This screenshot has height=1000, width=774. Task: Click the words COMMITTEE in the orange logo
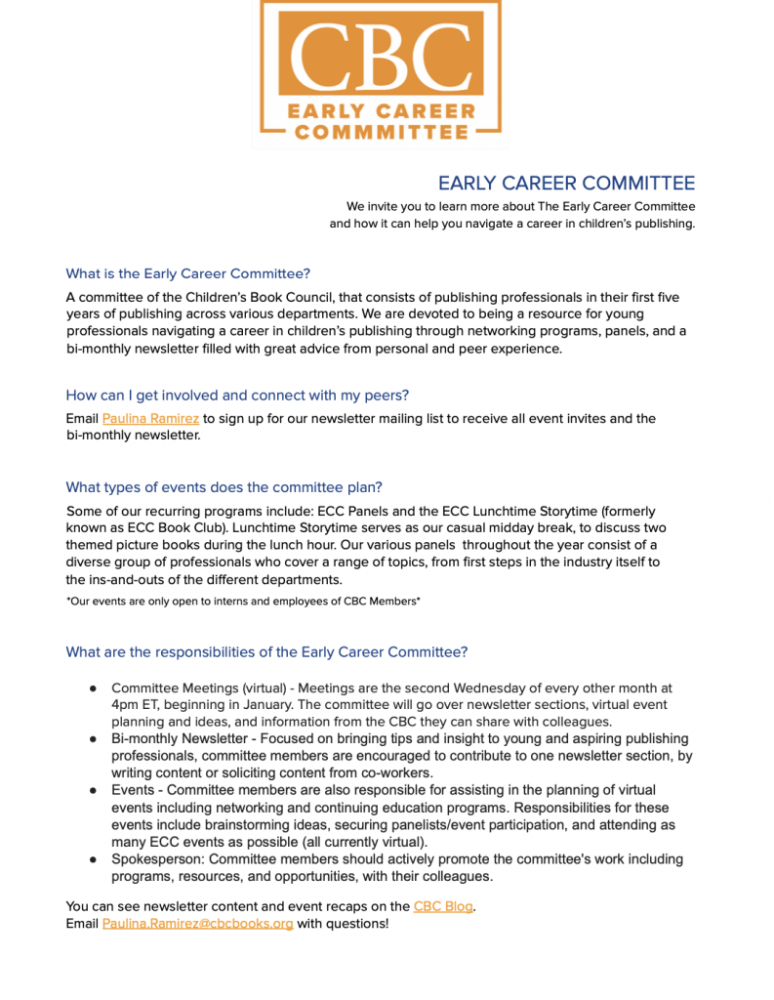pos(381,132)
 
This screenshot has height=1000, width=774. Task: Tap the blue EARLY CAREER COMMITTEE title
pos(566,184)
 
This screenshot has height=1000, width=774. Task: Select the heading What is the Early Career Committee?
pos(187,273)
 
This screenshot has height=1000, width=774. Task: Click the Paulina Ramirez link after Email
pos(150,419)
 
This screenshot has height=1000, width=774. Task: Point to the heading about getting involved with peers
pos(237,396)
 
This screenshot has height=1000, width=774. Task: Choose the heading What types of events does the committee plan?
pos(224,487)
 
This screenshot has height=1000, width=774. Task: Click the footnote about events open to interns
pos(243,602)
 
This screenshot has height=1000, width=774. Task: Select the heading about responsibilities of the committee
pos(266,652)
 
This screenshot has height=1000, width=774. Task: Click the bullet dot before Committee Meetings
pos(93,689)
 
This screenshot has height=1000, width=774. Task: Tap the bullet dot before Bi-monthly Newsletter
pos(93,739)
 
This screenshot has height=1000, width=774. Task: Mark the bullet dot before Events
pos(93,790)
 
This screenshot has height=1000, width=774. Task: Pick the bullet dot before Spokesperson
pos(93,860)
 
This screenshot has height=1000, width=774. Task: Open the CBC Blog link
pos(443,906)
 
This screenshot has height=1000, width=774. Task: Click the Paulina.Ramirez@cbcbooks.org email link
pos(197,924)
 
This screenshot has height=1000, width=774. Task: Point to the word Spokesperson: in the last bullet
pos(157,859)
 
